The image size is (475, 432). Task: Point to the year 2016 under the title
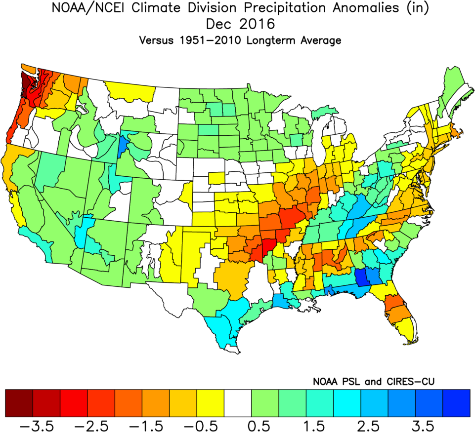click(x=255, y=24)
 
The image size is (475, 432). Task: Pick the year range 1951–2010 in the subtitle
click(x=211, y=40)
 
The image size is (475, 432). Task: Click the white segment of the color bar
click(x=238, y=402)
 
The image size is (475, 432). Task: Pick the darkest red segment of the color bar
click(x=19, y=402)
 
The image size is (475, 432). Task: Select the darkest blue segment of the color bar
click(x=456, y=402)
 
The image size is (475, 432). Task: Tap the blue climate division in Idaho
click(x=124, y=145)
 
